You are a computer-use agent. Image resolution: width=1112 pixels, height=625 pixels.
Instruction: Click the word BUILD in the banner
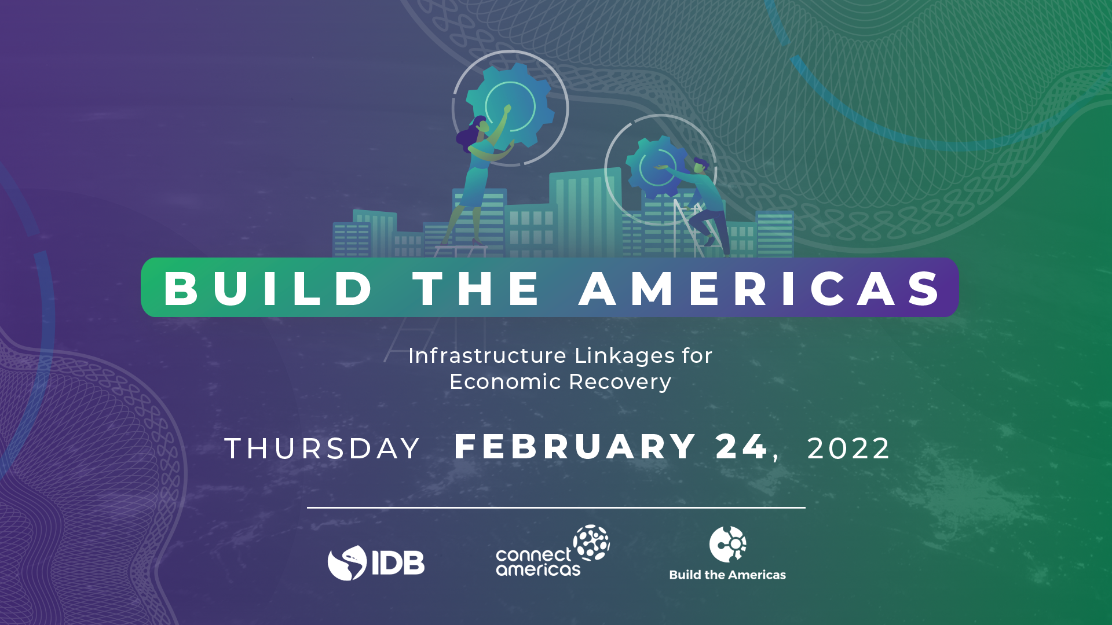[268, 288]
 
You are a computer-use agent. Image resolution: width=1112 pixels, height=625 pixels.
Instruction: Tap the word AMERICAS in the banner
[760, 288]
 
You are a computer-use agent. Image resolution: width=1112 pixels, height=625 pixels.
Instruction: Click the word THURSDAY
[322, 448]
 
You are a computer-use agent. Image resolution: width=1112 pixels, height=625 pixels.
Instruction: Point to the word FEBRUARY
[575, 447]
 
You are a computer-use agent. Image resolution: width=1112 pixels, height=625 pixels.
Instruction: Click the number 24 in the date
[741, 447]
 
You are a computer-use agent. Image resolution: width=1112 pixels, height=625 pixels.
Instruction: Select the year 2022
[848, 448]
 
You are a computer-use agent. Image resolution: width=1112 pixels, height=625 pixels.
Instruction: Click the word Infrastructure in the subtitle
[487, 355]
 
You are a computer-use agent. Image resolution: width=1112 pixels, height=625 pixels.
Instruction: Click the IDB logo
[376, 562]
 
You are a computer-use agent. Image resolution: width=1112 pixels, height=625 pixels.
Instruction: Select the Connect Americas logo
[552, 552]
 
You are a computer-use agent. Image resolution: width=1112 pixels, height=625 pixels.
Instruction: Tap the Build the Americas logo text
[727, 575]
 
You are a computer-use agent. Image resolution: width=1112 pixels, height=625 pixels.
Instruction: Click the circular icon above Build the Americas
[727, 544]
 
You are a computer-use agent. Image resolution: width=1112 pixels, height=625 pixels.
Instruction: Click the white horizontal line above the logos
[556, 508]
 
